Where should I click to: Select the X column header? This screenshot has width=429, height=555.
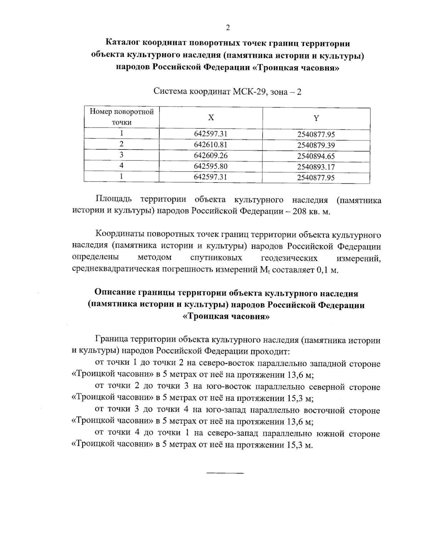click(211, 118)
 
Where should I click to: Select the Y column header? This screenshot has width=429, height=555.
click(316, 118)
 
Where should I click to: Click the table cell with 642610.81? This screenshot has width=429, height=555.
click(211, 144)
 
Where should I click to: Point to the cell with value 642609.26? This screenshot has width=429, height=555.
click(211, 155)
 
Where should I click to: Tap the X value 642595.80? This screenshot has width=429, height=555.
click(211, 166)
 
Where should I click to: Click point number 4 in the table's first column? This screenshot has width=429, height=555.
click(122, 166)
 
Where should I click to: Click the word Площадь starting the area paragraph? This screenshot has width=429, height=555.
click(114, 199)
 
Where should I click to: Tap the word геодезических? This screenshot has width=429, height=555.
click(289, 258)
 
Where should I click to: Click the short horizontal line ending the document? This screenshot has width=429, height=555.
click(225, 473)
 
